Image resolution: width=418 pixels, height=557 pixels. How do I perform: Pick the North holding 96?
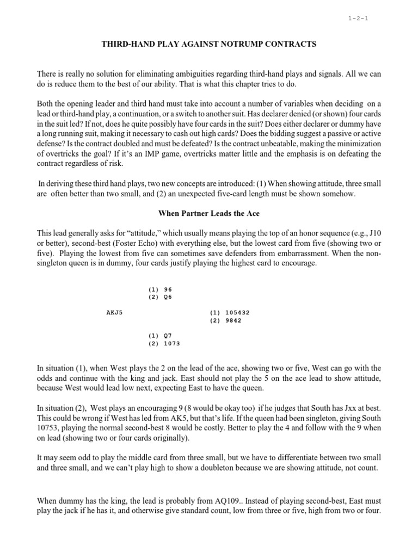click(x=167, y=289)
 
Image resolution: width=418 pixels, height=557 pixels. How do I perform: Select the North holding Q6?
click(x=167, y=297)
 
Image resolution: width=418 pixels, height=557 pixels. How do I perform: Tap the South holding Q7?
click(x=167, y=336)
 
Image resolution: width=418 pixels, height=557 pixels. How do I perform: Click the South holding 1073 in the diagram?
click(x=171, y=344)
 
